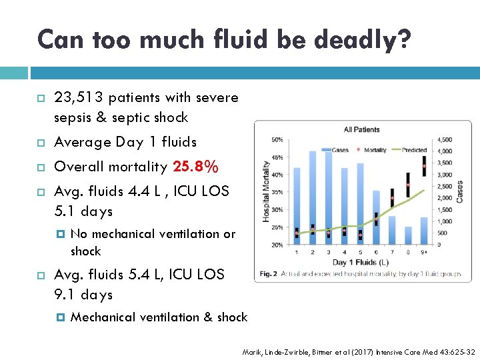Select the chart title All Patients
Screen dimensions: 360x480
coord(362,129)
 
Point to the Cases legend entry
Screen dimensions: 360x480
coord(336,150)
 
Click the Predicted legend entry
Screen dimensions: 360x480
coord(411,150)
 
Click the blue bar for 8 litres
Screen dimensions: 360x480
coord(408,235)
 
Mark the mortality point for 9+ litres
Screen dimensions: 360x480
coord(424,166)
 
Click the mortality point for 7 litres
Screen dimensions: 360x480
coord(392,198)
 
